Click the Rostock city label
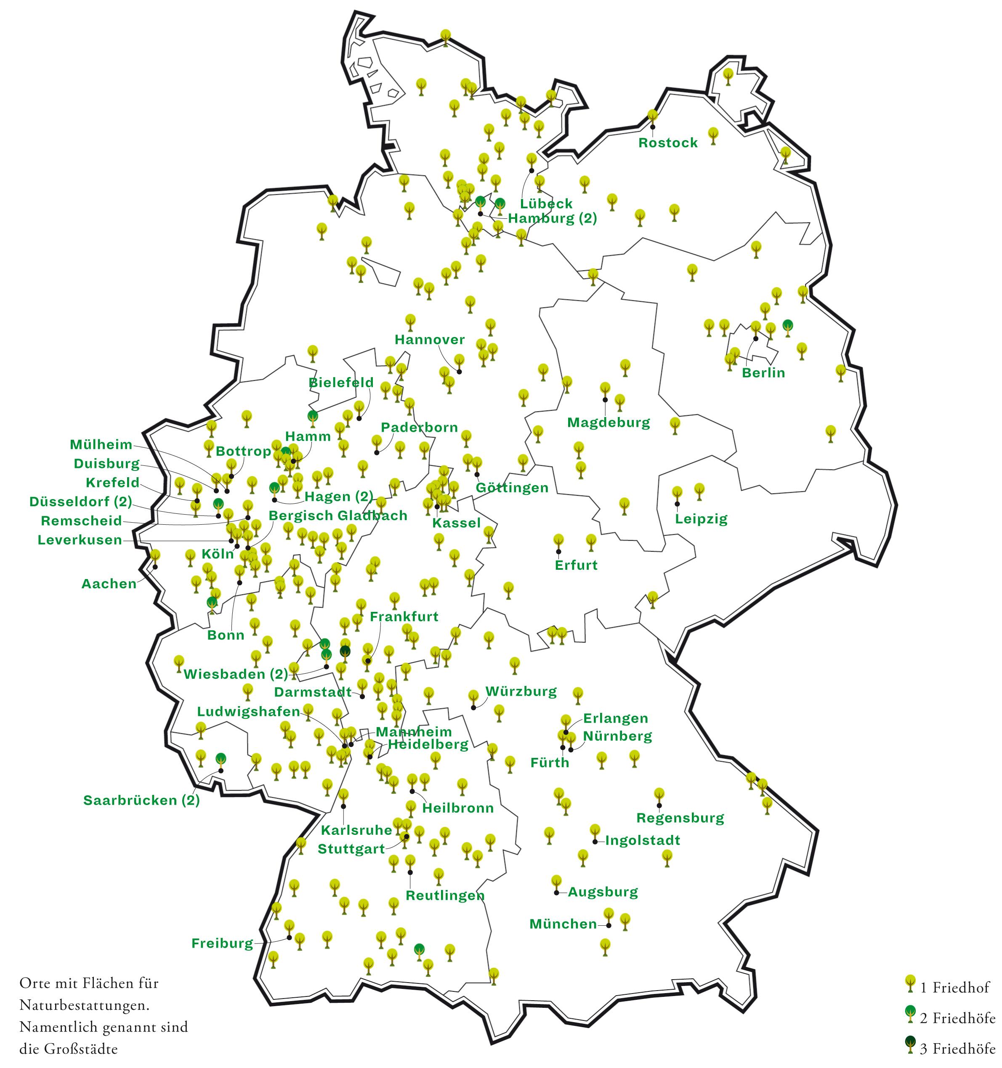coord(667,143)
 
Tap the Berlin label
coord(763,373)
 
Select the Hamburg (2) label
coord(552,219)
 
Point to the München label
coord(563,924)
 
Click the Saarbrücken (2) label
coord(141,800)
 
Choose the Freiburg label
coord(222,943)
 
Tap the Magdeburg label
coord(608,422)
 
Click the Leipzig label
coord(701,519)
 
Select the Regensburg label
coord(680,818)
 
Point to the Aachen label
coord(109,584)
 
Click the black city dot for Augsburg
coord(556,893)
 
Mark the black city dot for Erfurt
coord(558,552)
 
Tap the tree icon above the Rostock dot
coord(652,116)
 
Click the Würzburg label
coord(521,691)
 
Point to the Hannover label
coord(429,340)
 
